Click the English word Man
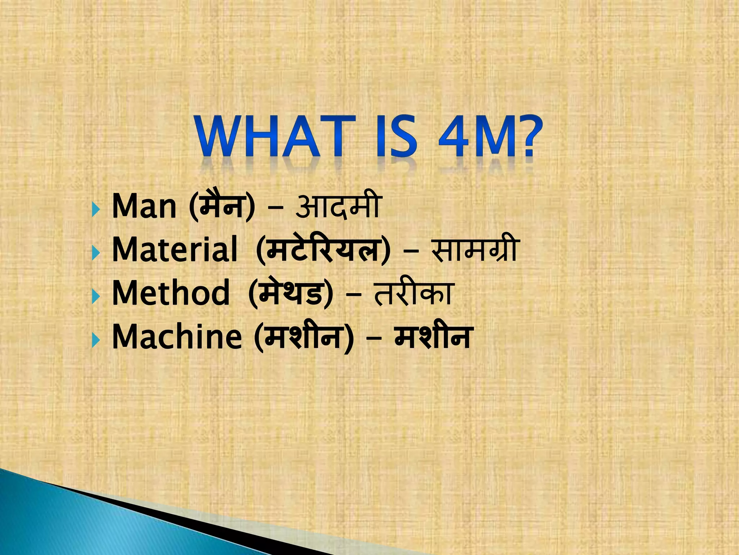pyautogui.click(x=144, y=207)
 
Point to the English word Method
pyautogui.click(x=171, y=293)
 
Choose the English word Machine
pyautogui.click(x=177, y=336)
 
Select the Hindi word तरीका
pyautogui.click(x=414, y=293)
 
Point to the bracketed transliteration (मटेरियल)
pyautogui.click(x=323, y=250)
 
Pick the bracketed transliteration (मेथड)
pyautogui.click(x=291, y=293)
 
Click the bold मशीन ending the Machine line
pyautogui.click(x=433, y=336)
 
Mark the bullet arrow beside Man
pyautogui.click(x=95, y=209)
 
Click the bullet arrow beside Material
pyautogui.click(x=95, y=252)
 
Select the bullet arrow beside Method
pyautogui.click(x=95, y=296)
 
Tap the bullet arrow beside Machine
pyautogui.click(x=95, y=339)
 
